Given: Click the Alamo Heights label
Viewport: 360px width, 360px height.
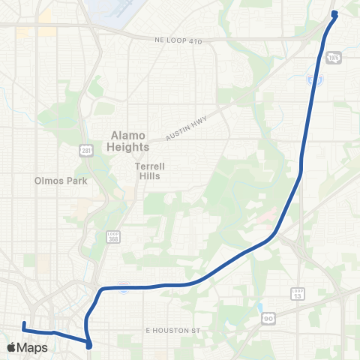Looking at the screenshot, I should click(130, 141).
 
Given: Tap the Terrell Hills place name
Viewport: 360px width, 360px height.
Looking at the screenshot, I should click(150, 171).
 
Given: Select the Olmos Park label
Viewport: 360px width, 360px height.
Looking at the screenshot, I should click(61, 181).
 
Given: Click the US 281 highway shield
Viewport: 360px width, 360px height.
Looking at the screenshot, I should click(87, 151).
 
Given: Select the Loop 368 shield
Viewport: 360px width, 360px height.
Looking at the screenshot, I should click(112, 237).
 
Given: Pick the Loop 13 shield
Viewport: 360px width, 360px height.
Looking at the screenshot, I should click(297, 293).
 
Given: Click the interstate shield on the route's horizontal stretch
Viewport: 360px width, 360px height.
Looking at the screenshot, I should click(122, 286).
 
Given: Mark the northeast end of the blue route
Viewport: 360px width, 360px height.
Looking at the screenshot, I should click(334, 13).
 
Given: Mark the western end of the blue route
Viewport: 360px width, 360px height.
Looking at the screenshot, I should click(24, 324).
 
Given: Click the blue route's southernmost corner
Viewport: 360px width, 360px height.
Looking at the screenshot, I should click(89, 346).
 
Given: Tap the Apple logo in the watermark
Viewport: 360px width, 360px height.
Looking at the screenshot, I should click(11, 347).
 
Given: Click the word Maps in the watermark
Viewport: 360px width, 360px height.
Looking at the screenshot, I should click(33, 348).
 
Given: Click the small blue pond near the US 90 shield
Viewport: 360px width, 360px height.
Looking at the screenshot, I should click(260, 307).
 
